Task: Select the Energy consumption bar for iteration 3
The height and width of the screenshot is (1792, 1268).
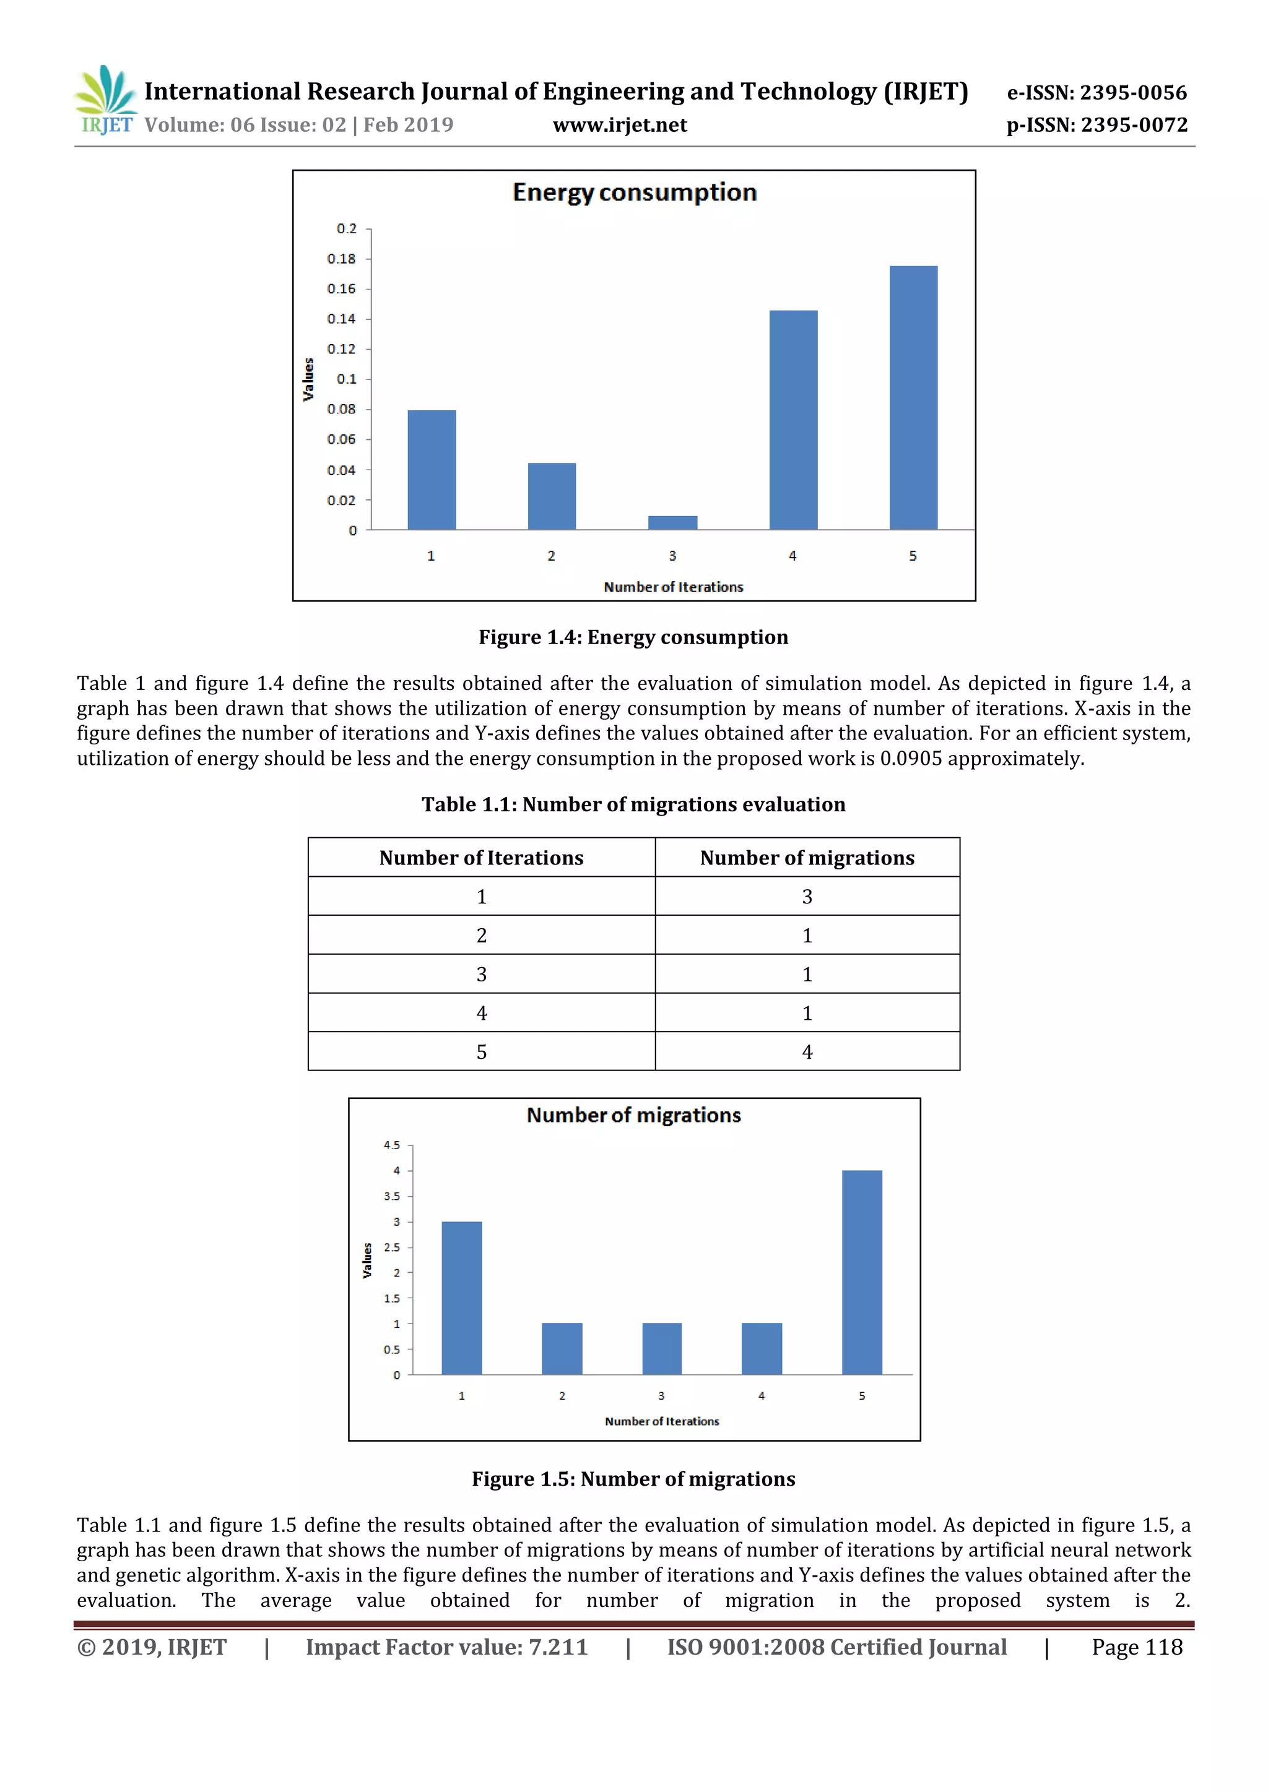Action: pyautogui.click(x=672, y=522)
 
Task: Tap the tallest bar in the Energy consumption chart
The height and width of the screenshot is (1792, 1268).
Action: pyautogui.click(x=913, y=397)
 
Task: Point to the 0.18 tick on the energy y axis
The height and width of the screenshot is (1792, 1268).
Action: pyautogui.click(x=341, y=258)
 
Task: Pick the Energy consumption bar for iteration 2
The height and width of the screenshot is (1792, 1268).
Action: pyautogui.click(x=551, y=496)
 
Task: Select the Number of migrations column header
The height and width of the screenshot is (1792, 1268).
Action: pyautogui.click(x=807, y=858)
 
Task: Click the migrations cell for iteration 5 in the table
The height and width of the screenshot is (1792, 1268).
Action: pyautogui.click(x=807, y=1051)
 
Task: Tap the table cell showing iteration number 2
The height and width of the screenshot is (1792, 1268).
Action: pyautogui.click(x=481, y=935)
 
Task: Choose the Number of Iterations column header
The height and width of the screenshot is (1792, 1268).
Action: pyautogui.click(x=481, y=858)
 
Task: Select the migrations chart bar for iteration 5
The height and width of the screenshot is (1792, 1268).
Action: pyautogui.click(x=861, y=1272)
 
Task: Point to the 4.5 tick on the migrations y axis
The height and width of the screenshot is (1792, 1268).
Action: pyautogui.click(x=391, y=1145)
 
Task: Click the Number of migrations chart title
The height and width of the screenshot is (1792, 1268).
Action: pyautogui.click(x=633, y=1114)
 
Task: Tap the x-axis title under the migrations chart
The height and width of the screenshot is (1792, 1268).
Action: pyautogui.click(x=661, y=1421)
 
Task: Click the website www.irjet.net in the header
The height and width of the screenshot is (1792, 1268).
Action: pyautogui.click(x=619, y=125)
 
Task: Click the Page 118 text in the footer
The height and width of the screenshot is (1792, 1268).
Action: pyautogui.click(x=1136, y=1647)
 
